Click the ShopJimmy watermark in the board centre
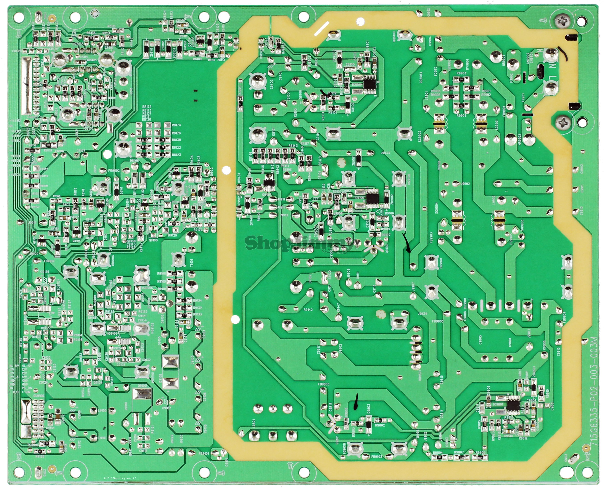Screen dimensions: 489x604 299,244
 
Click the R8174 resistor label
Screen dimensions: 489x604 176,125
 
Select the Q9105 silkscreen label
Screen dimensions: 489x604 142,386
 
